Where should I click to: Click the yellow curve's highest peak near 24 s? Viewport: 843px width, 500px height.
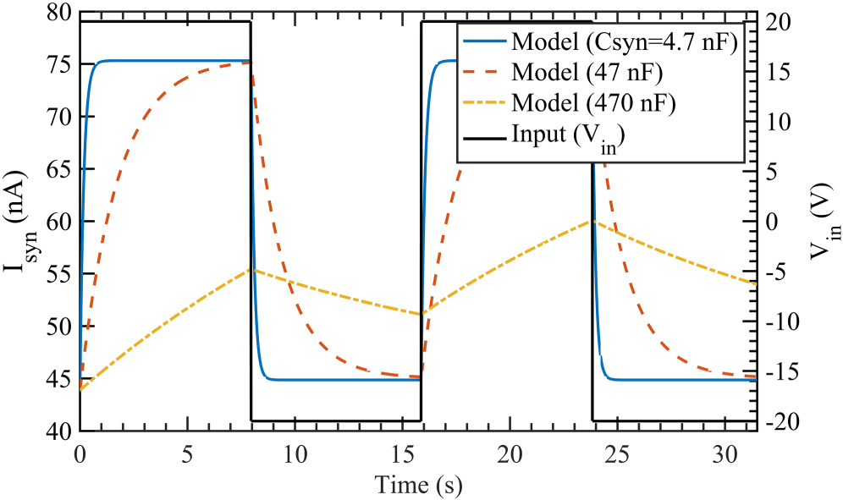point(592,221)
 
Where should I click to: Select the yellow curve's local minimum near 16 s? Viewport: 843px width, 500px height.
point(421,315)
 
